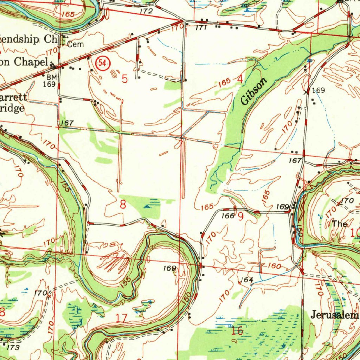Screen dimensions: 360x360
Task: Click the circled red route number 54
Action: (x=102, y=63)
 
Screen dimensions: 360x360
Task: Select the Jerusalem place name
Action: (x=334, y=315)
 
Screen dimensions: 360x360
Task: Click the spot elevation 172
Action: (x=146, y=11)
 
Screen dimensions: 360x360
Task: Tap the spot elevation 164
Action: (x=247, y=280)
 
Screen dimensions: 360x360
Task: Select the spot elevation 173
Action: (x=13, y=347)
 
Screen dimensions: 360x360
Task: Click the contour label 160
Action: (x=274, y=266)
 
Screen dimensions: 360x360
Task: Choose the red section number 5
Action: (x=125, y=79)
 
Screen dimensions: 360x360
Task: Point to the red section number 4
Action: (x=240, y=79)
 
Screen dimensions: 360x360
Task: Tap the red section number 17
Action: (x=122, y=319)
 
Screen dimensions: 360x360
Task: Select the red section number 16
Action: (x=237, y=330)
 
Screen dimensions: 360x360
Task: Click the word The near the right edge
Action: (x=340, y=224)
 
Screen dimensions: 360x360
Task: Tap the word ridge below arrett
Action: (x=12, y=108)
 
